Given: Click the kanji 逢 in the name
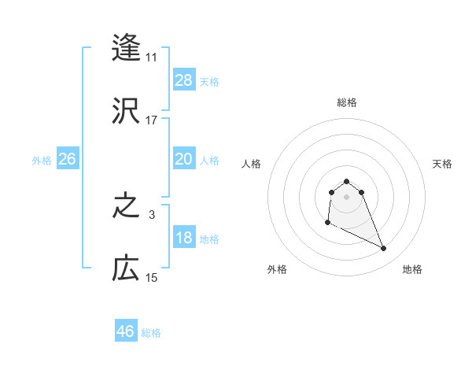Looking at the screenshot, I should pyautogui.click(x=126, y=48).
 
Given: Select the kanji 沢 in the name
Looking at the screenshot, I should pyautogui.click(x=126, y=110).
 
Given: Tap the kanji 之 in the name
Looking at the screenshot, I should pyautogui.click(x=126, y=208).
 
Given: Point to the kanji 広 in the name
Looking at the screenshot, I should pyautogui.click(x=126, y=269).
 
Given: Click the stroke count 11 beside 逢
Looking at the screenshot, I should pyautogui.click(x=152, y=57).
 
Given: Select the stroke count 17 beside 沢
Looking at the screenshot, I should pyautogui.click(x=152, y=120).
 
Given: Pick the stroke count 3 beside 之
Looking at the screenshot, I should pyautogui.click(x=152, y=215).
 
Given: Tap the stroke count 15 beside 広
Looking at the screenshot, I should pyautogui.click(x=152, y=278).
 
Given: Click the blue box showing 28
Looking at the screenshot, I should pyautogui.click(x=184, y=80).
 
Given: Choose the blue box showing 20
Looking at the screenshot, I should pyautogui.click(x=184, y=159).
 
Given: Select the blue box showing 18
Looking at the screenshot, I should pyautogui.click(x=184, y=238).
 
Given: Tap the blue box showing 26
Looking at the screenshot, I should pyautogui.click(x=68, y=159).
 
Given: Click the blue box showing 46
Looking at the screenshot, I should pyautogui.click(x=126, y=331).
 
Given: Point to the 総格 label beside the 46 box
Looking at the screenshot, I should pyautogui.click(x=151, y=333).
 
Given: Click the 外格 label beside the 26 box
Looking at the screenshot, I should pyautogui.click(x=42, y=161).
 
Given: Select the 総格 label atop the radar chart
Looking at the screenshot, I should pyautogui.click(x=347, y=102).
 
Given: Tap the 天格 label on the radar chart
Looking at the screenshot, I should pyautogui.click(x=443, y=164).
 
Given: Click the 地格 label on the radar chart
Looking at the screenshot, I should pyautogui.click(x=412, y=270).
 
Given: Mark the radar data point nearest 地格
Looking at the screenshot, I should pyautogui.click(x=384, y=249).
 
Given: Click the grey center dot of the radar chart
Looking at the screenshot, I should pyautogui.click(x=347, y=196).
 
